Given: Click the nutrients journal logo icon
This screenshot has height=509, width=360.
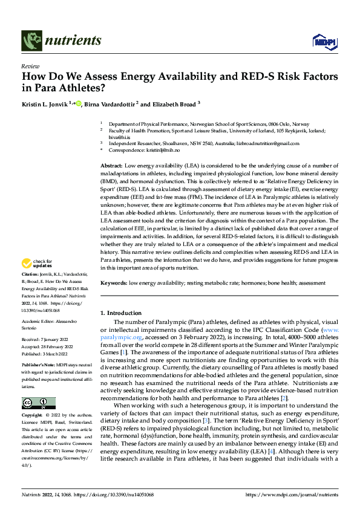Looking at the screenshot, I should (31, 41).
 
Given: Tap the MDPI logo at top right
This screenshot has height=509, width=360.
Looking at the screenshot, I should (322, 41).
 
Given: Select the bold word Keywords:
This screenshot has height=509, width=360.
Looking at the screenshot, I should (114, 283).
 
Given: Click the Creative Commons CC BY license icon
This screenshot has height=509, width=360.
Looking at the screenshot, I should (38, 403).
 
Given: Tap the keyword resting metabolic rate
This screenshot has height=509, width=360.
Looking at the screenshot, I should (212, 283).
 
